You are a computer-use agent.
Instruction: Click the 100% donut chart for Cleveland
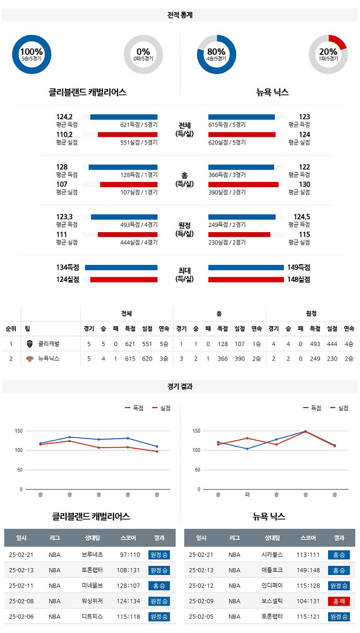click(31, 54)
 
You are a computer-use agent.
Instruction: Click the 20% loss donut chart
click(328, 54)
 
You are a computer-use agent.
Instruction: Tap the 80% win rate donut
click(216, 54)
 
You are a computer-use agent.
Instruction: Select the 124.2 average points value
click(64, 117)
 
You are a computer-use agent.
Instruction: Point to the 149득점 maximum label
click(299, 267)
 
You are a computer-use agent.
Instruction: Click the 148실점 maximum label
click(299, 279)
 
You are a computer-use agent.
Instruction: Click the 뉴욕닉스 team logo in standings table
click(30, 359)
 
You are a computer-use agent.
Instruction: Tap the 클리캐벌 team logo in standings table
click(30, 344)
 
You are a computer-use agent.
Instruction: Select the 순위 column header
click(11, 328)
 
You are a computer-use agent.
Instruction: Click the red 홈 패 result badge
click(339, 601)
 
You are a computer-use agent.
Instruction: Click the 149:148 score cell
click(308, 570)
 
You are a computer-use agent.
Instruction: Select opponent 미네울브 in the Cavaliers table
click(92, 586)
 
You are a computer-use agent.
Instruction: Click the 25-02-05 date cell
click(201, 616)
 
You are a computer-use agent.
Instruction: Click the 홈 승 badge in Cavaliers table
click(159, 586)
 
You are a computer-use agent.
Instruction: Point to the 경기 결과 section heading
click(180, 386)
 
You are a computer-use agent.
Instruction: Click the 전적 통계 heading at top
click(180, 15)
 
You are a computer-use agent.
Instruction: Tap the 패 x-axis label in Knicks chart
click(247, 494)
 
